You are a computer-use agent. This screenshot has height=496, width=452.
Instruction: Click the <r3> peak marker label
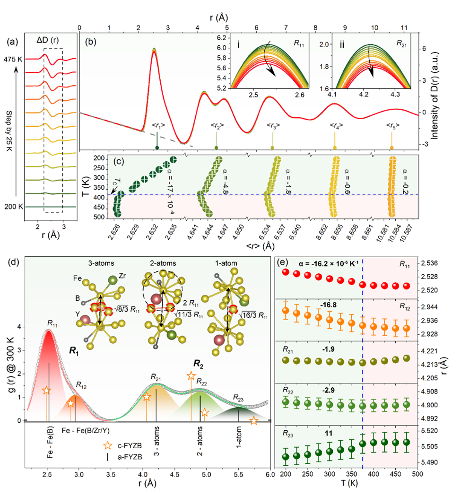tap(272, 126)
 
